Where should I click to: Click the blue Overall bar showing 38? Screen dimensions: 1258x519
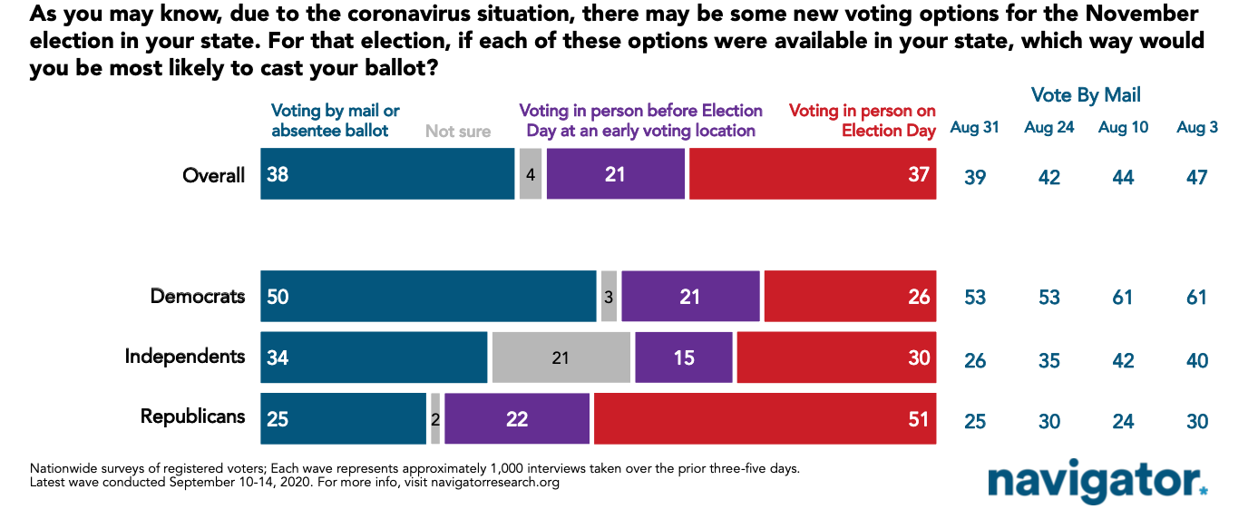(387, 173)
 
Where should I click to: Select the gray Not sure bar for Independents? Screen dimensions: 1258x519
(561, 357)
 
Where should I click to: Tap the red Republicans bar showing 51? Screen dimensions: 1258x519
(765, 418)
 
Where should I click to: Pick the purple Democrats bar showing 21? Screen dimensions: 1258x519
(690, 296)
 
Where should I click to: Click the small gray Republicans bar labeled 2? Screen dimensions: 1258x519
(435, 418)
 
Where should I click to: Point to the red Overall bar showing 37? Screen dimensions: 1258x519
(813, 173)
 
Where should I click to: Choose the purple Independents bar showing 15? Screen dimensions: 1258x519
(684, 357)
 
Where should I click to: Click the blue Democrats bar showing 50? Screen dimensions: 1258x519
(428, 296)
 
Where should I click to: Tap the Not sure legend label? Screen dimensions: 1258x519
(458, 131)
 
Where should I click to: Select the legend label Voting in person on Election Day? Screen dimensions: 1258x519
(862, 120)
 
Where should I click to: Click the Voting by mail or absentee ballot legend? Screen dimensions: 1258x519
(336, 120)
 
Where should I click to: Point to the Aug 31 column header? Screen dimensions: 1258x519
(974, 128)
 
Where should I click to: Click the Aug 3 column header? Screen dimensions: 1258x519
(1197, 128)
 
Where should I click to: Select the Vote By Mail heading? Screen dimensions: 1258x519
(1086, 95)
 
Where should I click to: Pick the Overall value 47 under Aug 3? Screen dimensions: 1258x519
(1197, 178)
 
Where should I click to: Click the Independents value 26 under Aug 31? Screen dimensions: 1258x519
(975, 360)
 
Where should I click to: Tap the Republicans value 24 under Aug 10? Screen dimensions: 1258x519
(1123, 421)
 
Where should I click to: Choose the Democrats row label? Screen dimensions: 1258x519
(198, 296)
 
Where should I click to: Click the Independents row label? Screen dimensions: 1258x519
(185, 356)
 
